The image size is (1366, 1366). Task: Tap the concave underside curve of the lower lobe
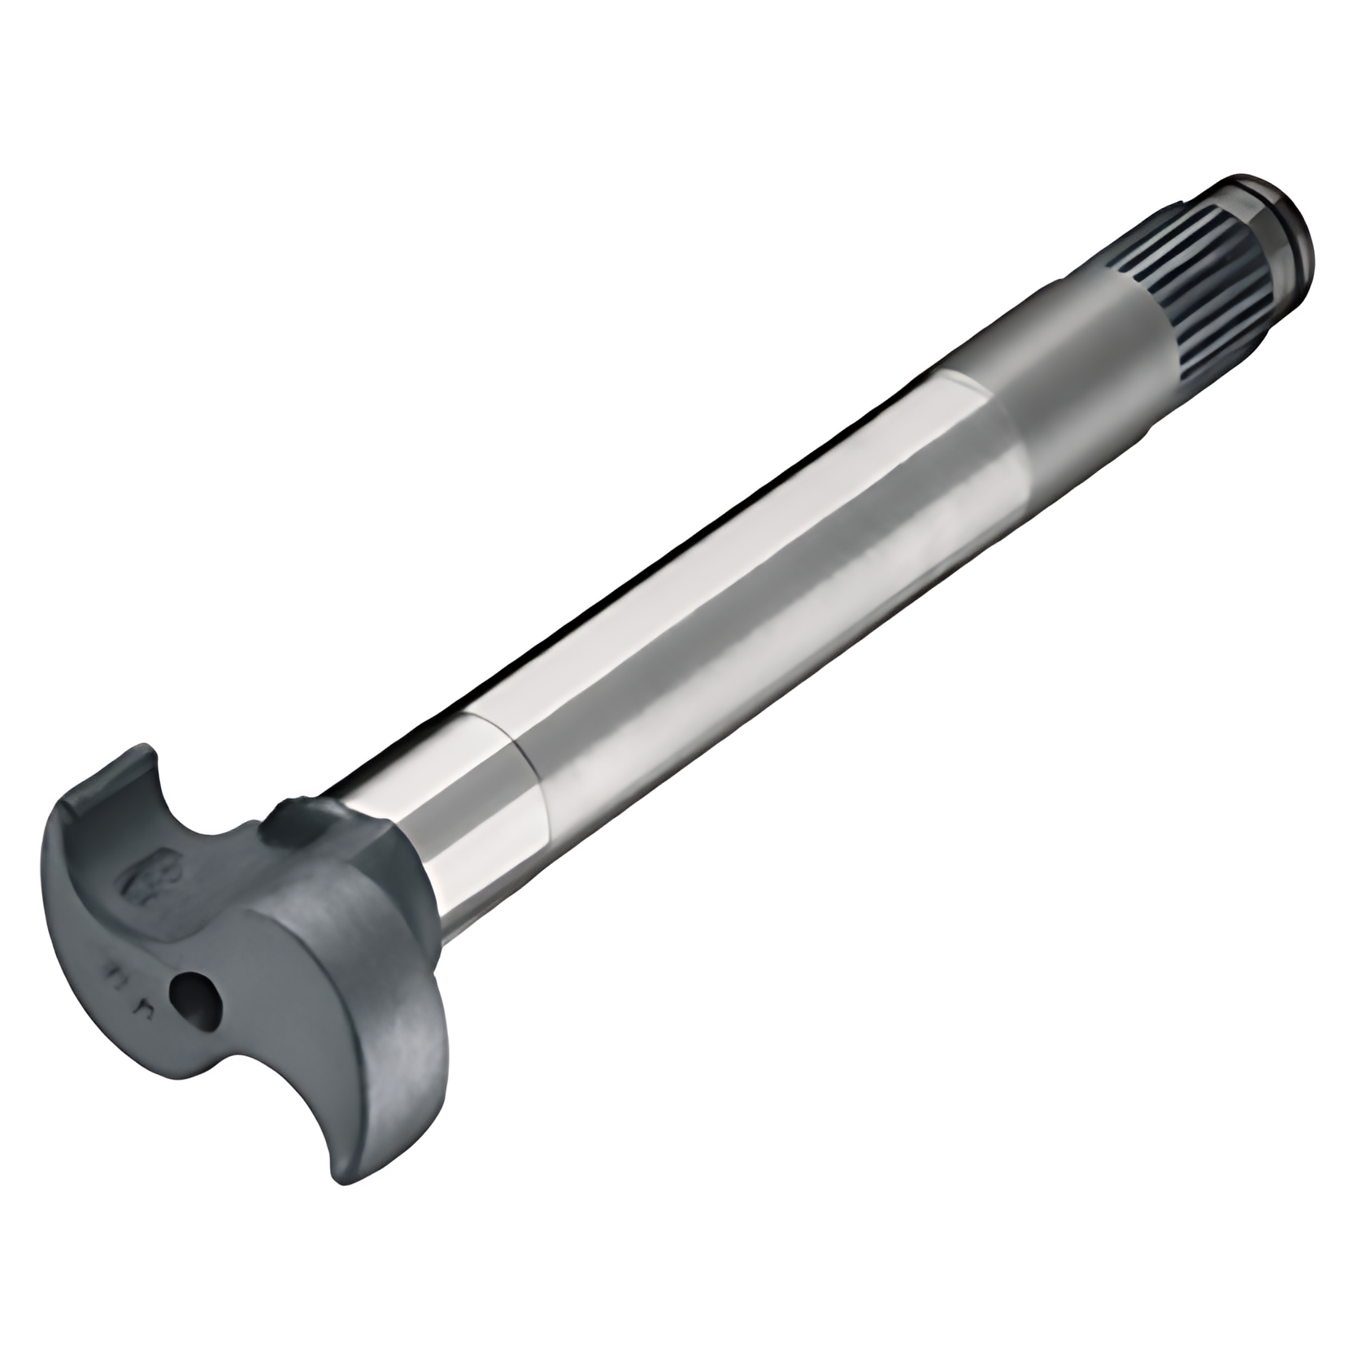coord(268,1094)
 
